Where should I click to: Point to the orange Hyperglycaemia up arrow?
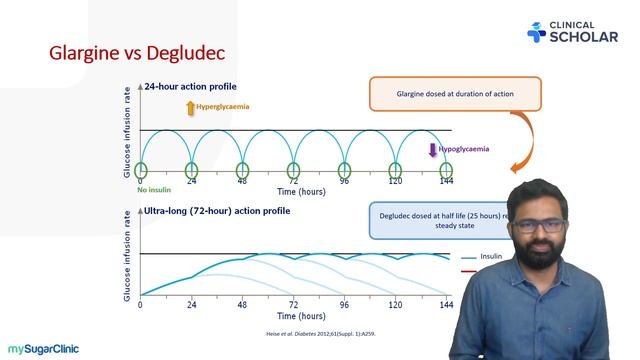point(190,107)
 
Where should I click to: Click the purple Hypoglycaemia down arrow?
point(433,150)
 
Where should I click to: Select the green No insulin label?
point(156,189)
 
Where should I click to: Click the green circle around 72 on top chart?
point(293,170)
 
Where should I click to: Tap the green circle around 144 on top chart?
point(445,170)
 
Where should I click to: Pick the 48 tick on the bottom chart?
point(242,304)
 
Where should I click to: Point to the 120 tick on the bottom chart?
point(395,304)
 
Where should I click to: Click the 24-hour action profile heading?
point(196,87)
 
